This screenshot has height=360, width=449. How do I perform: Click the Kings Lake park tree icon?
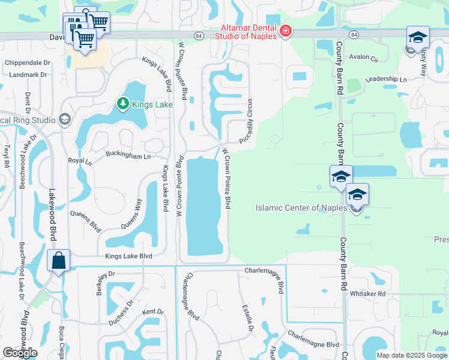click(x=123, y=104)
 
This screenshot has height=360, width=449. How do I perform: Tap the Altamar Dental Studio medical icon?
click(x=286, y=31)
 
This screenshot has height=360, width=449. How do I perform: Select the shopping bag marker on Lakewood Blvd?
click(x=59, y=261)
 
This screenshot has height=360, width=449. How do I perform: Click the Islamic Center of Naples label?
click(x=301, y=208)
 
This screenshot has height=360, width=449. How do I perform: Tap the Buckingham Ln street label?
click(x=128, y=155)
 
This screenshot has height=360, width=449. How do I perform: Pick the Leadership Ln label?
click(x=386, y=79)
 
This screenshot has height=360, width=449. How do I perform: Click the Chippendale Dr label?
click(x=27, y=62)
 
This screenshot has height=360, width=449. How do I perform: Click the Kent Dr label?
click(x=153, y=311)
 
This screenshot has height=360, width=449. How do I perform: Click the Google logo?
click(x=20, y=353)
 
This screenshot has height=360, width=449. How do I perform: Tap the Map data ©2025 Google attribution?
click(x=412, y=355)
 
